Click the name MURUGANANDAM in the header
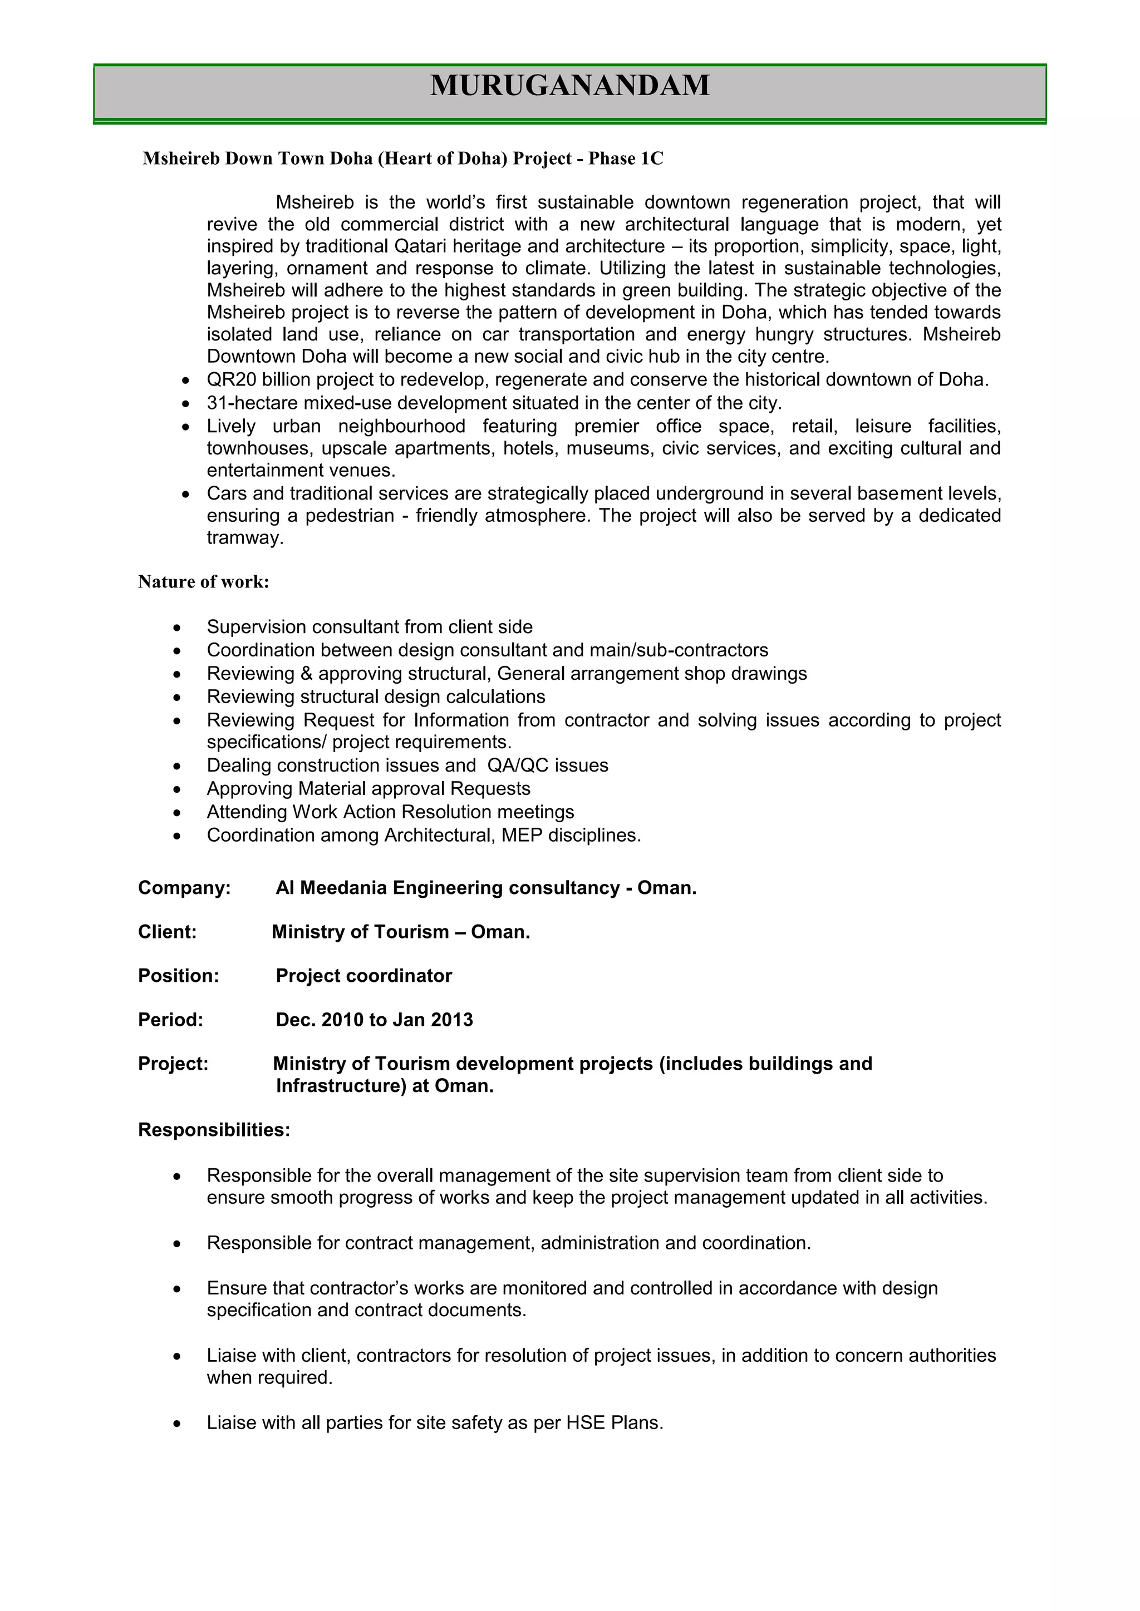tap(569, 86)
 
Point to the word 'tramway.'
tap(245, 538)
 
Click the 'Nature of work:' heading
tap(204, 582)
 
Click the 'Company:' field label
tap(184, 888)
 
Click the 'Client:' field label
tap(167, 932)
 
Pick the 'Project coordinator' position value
tap(363, 976)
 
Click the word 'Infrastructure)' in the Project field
tap(341, 1086)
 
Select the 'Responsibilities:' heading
tap(214, 1130)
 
